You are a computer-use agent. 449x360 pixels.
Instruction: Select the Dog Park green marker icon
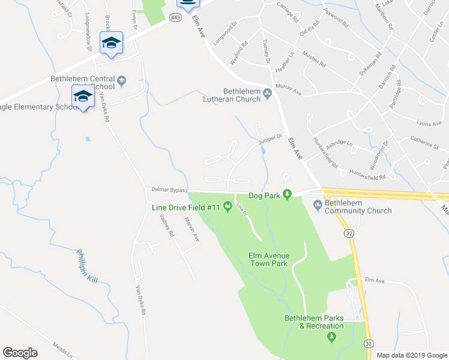288,194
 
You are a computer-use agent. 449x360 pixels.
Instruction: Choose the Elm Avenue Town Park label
269,259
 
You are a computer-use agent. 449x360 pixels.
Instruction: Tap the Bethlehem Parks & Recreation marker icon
331,338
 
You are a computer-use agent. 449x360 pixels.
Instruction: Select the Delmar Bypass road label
165,190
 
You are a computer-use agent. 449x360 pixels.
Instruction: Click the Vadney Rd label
166,225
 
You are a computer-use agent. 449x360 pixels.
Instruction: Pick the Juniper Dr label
270,139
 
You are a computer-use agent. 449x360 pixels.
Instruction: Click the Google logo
19,353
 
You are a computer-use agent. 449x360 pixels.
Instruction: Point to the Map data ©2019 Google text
412,355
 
